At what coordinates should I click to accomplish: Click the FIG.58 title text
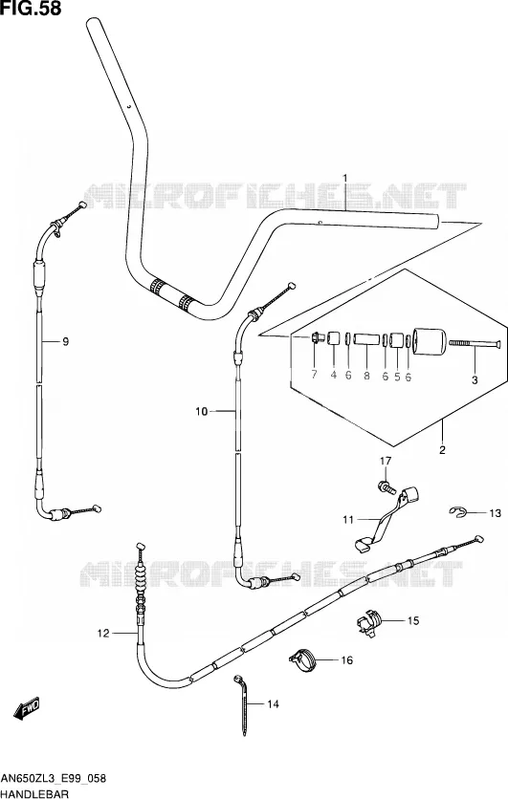click(32, 9)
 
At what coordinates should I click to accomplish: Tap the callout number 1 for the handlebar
click(345, 179)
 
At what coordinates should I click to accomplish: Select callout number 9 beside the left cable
click(65, 342)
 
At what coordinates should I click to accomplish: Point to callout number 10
click(202, 411)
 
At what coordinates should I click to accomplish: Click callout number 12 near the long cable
click(103, 633)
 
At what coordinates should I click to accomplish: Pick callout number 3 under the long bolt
click(475, 379)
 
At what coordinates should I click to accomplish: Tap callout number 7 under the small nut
click(314, 375)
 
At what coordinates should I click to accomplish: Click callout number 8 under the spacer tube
click(366, 376)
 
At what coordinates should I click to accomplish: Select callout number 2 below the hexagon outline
click(442, 449)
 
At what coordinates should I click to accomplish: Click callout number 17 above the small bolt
click(386, 462)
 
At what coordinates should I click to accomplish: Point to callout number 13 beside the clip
click(496, 513)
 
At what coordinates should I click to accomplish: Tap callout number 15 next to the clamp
click(413, 620)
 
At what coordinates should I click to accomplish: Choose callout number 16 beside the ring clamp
click(347, 660)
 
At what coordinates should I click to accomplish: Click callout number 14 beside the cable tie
click(274, 704)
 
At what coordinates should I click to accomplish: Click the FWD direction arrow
click(26, 709)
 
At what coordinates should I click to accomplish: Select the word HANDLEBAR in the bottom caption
click(34, 793)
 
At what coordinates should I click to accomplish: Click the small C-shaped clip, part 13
click(457, 511)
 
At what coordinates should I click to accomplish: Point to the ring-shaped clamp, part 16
click(303, 659)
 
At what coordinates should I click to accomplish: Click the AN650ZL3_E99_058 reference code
click(53, 778)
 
